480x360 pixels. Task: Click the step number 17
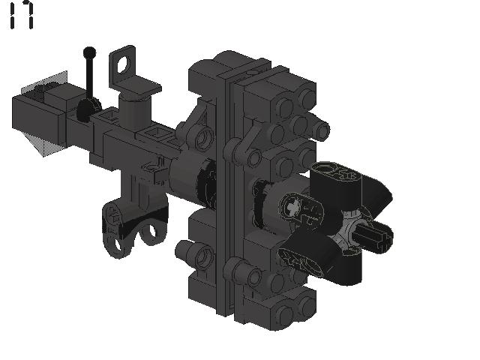click(22, 15)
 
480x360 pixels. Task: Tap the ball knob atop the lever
click(89, 52)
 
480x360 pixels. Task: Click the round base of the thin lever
click(88, 109)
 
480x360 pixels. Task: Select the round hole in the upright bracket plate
click(124, 65)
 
